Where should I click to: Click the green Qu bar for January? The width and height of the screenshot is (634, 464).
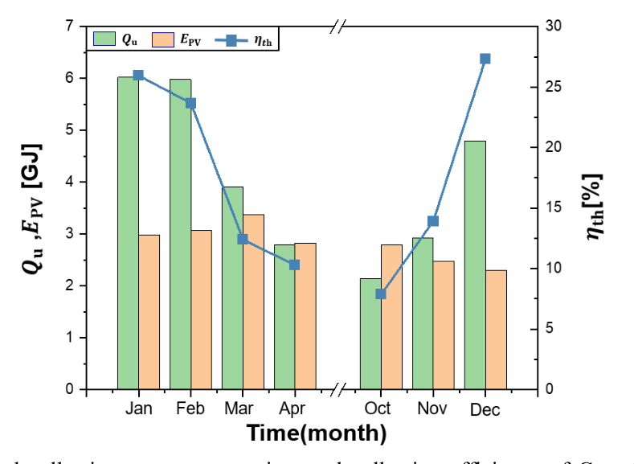(x=128, y=233)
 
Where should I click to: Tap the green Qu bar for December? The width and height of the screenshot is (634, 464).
(x=475, y=265)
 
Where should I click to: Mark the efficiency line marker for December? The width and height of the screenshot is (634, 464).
(x=485, y=59)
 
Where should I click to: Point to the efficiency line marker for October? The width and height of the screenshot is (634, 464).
(x=381, y=294)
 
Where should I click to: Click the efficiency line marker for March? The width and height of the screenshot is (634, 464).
(x=243, y=239)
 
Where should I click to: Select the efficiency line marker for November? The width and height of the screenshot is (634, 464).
(x=433, y=221)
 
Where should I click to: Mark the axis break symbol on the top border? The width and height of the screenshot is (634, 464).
(x=338, y=27)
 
